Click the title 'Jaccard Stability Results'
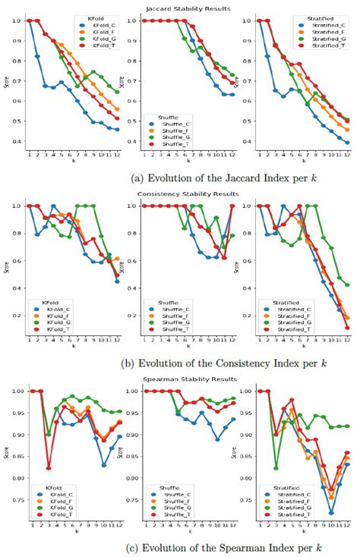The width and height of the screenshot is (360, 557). coord(180,8)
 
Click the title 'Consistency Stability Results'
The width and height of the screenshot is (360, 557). coord(180,196)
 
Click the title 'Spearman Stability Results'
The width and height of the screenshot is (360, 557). coord(180,379)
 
